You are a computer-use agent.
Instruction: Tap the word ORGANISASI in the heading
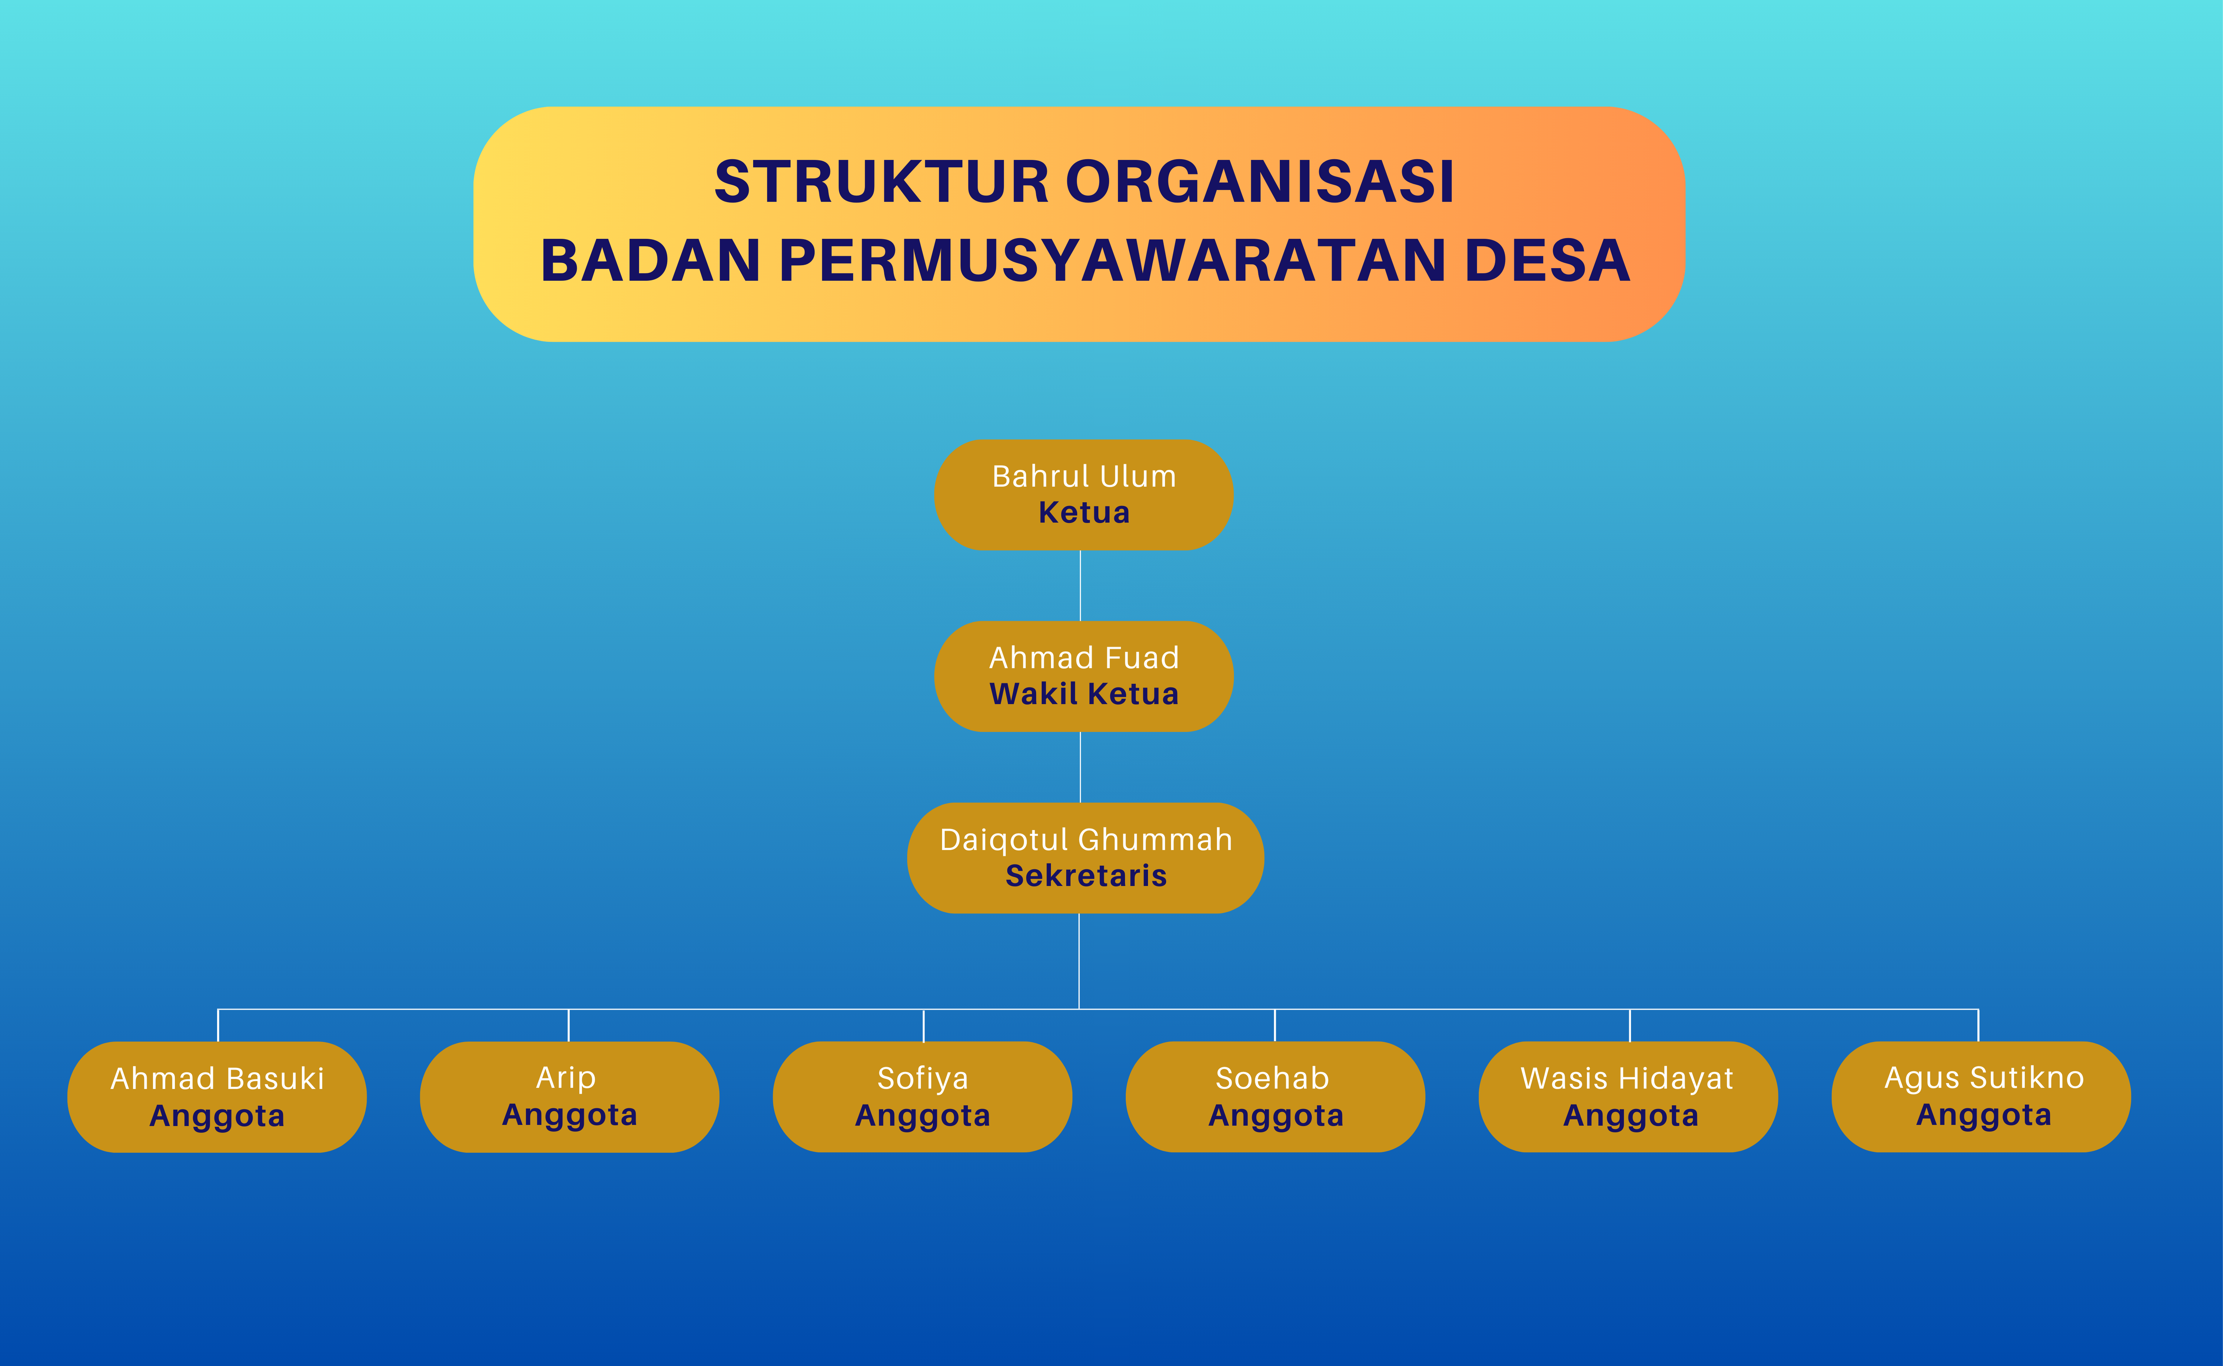(1261, 182)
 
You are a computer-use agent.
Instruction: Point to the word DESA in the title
(1547, 261)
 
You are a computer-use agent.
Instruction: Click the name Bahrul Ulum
(1084, 476)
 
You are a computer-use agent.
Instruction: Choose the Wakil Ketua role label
(1084, 694)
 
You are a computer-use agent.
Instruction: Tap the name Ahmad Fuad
(1084, 658)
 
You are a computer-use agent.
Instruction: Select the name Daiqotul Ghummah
(1086, 840)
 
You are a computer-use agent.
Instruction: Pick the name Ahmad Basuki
(217, 1079)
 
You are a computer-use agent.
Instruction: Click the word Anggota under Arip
(569, 1116)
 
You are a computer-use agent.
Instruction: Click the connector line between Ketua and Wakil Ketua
(1080, 585)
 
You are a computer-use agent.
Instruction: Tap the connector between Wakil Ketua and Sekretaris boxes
(1080, 767)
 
